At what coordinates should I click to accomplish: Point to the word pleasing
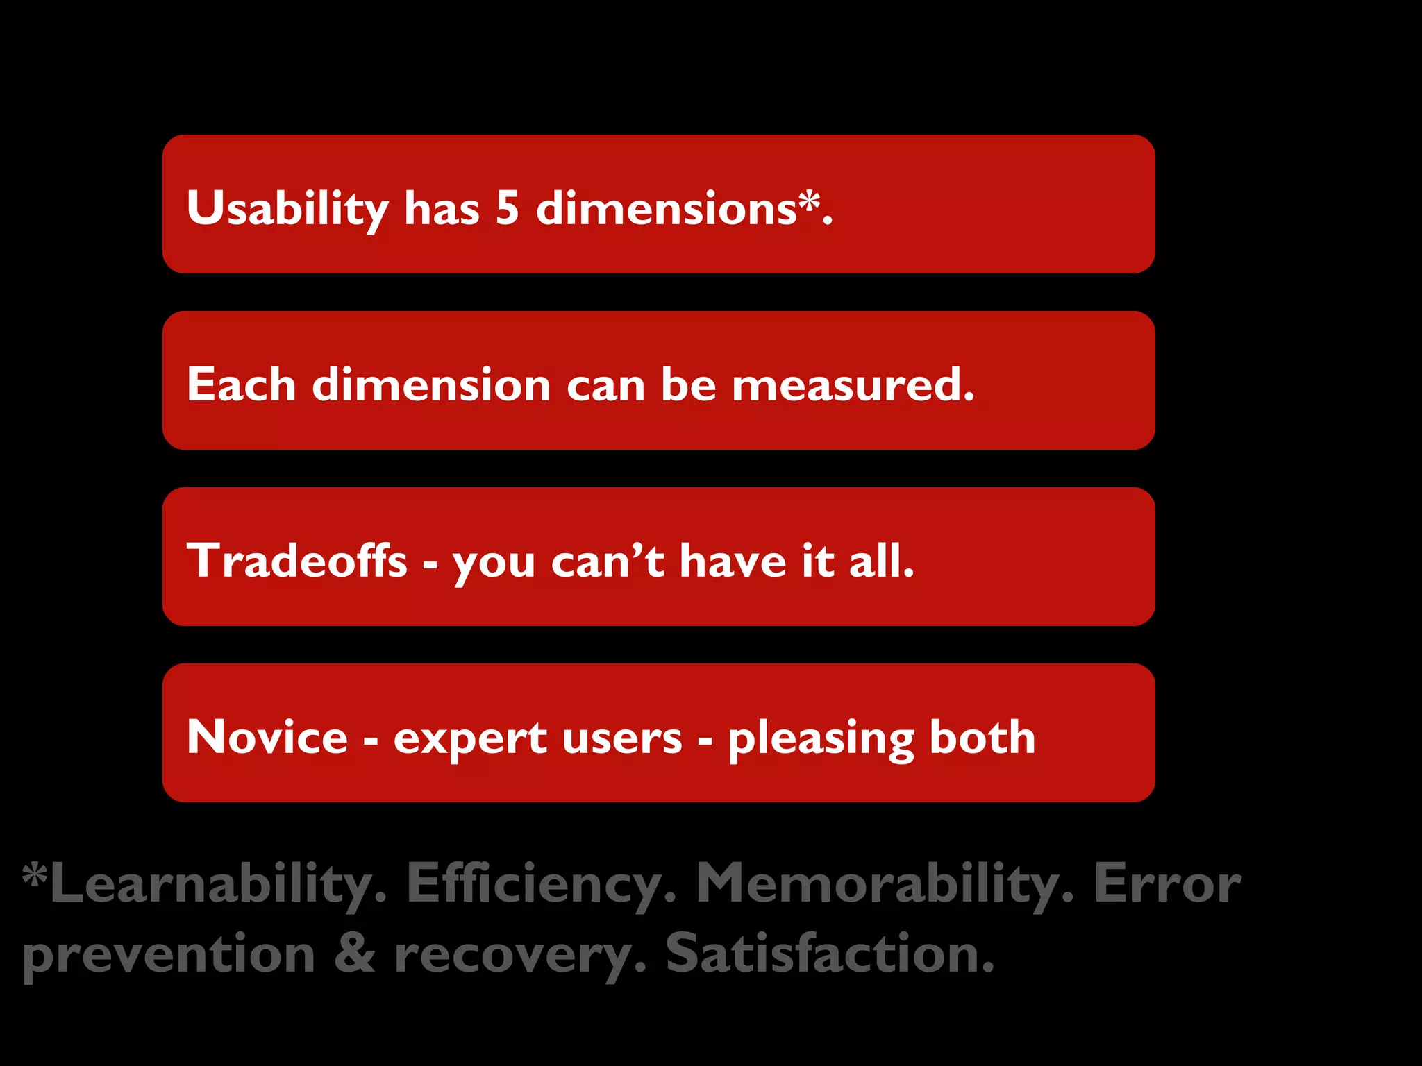click(821, 738)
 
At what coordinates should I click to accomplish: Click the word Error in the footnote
click(1167, 884)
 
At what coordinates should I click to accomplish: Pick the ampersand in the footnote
click(355, 954)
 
